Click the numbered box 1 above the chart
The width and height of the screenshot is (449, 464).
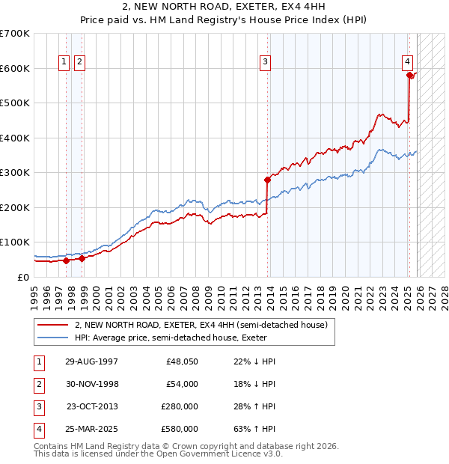coord(64,62)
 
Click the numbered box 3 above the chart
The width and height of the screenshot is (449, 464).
coord(265,62)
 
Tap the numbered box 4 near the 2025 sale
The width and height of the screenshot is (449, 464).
coord(407,62)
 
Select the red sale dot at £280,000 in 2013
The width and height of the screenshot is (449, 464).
coord(267,180)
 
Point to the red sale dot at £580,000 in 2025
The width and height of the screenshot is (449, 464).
coord(409,75)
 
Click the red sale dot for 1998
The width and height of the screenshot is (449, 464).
coord(82,258)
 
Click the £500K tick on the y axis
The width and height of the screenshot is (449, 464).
coord(15,103)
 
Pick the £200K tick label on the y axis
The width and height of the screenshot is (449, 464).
coord(15,207)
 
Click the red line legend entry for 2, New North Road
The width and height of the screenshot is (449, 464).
coord(201,326)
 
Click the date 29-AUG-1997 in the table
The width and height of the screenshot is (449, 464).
coord(92,361)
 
